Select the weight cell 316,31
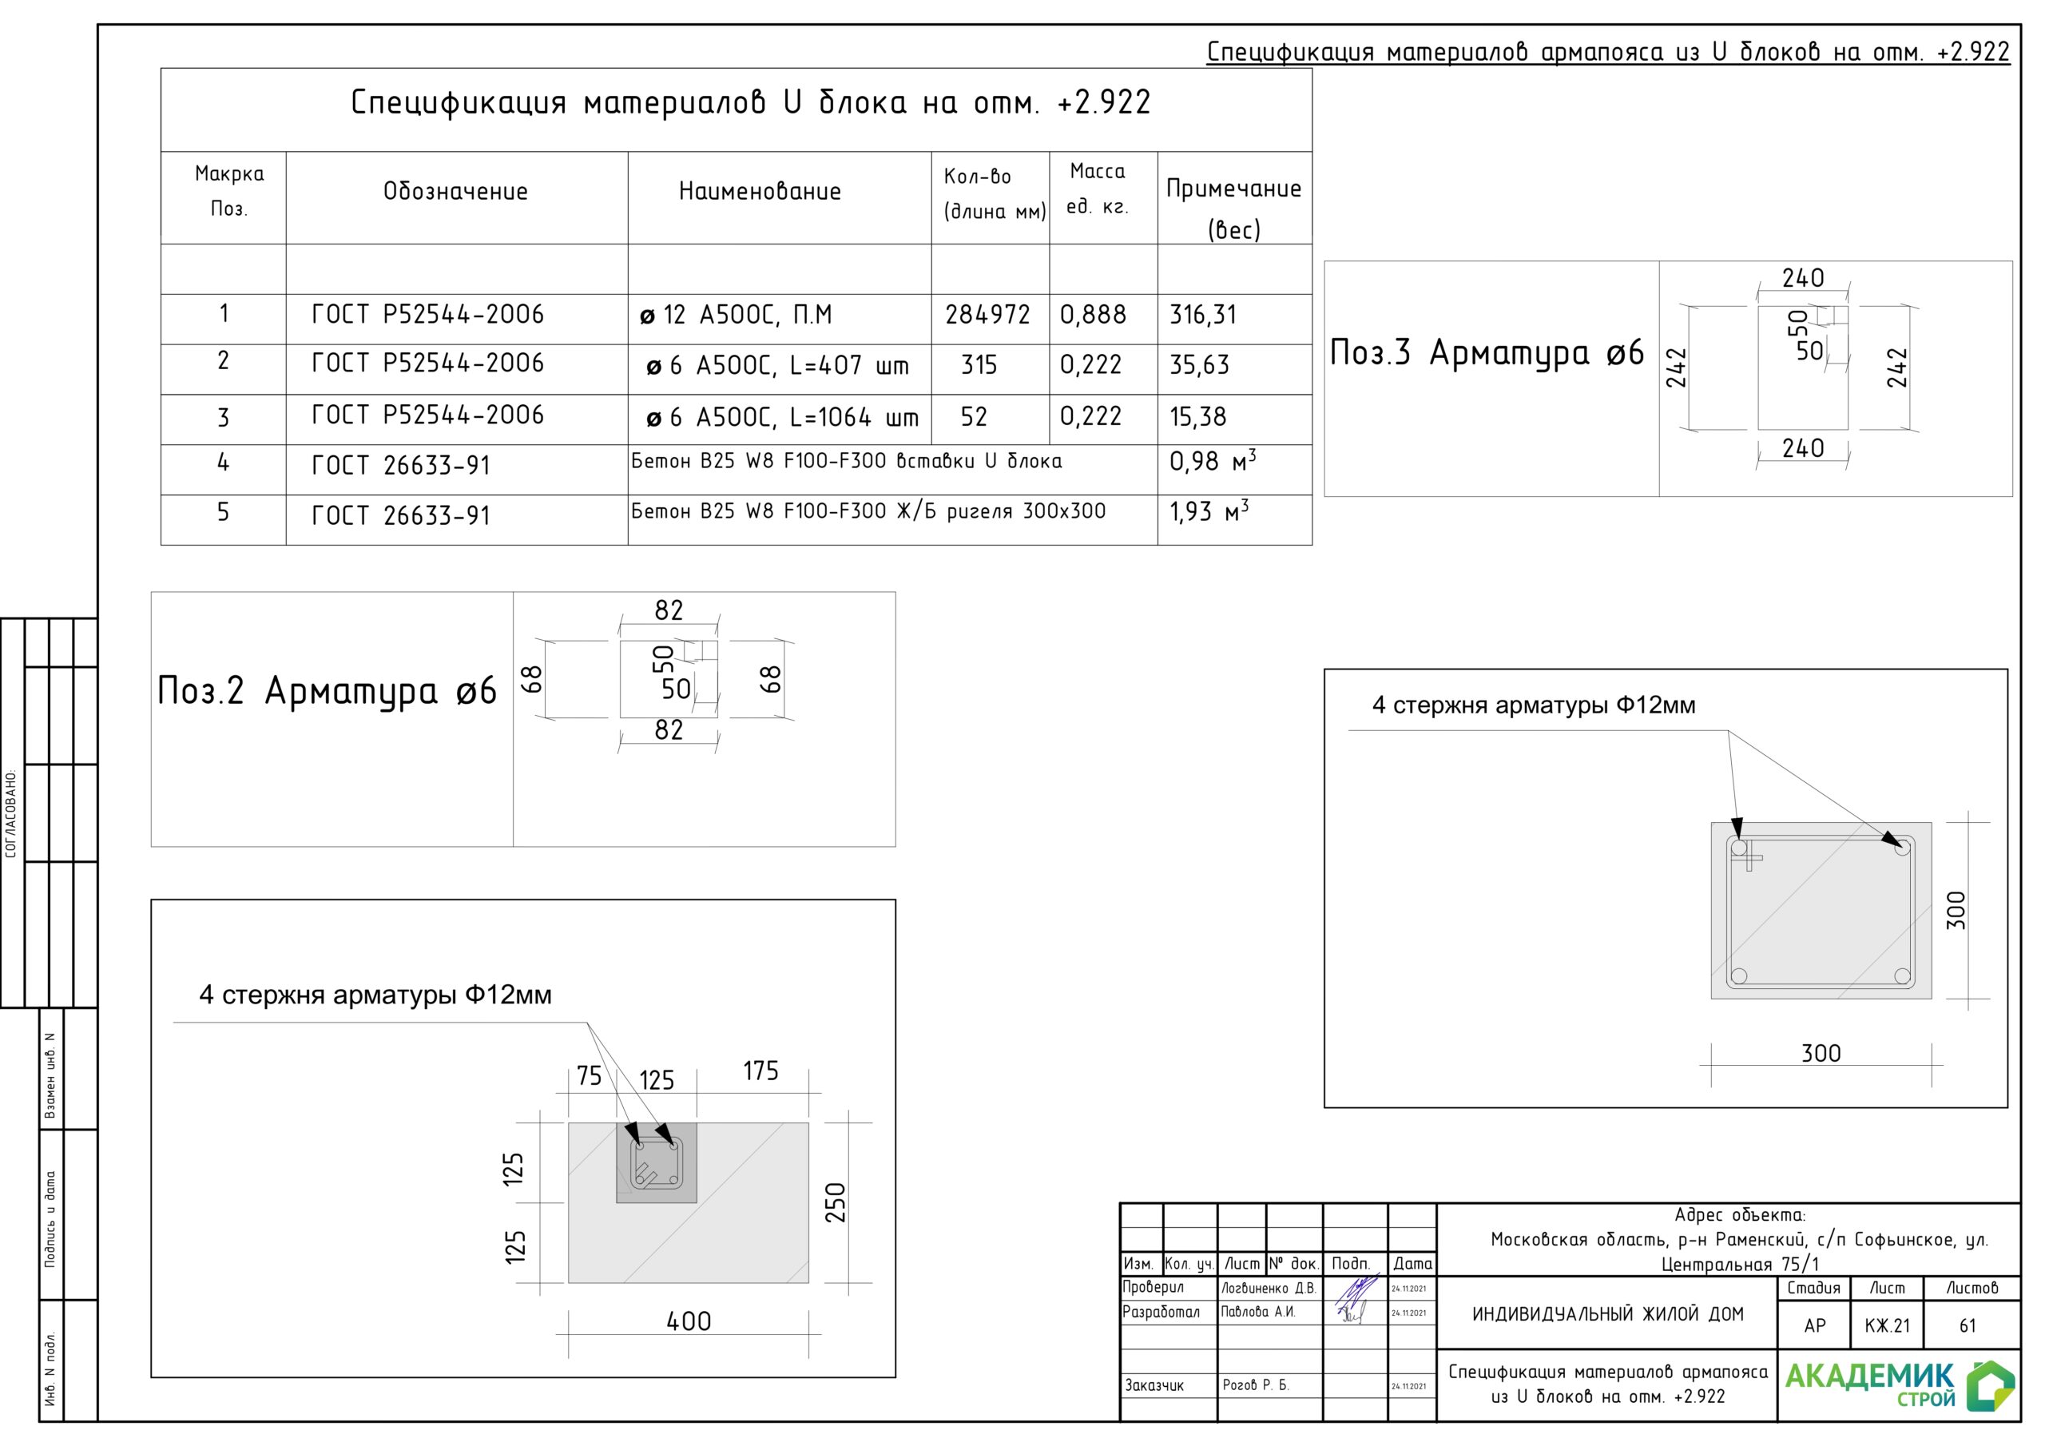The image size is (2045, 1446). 1202,315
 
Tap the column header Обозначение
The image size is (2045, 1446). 455,192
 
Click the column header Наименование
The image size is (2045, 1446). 760,192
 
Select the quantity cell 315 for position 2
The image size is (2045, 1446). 978,365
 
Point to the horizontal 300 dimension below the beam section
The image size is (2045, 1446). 1821,1053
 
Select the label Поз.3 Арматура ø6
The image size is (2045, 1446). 1487,354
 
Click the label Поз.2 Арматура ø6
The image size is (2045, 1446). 327,691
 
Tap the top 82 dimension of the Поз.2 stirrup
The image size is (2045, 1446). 669,610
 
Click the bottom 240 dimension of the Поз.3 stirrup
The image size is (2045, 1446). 1803,448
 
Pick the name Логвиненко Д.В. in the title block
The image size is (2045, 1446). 1268,1289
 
